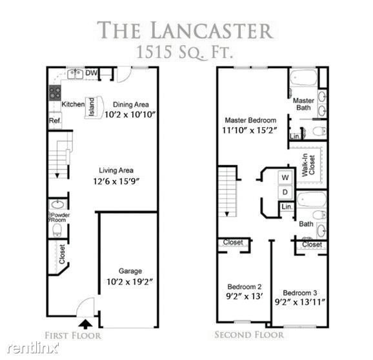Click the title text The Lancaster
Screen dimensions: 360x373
coord(186,30)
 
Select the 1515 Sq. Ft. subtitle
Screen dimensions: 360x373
coord(186,51)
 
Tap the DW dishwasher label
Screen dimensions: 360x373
coord(92,74)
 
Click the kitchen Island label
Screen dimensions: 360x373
coord(92,104)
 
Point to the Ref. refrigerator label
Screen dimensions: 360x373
coord(54,121)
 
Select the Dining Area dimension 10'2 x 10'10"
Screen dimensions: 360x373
coord(131,114)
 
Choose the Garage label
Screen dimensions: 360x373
coord(130,271)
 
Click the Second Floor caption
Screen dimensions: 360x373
coord(248,334)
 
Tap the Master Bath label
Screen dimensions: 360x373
coord(303,104)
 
